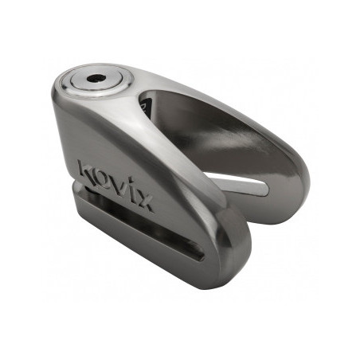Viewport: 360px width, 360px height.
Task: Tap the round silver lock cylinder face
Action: click(x=107, y=83)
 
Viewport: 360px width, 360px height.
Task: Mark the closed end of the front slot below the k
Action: click(x=88, y=209)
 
